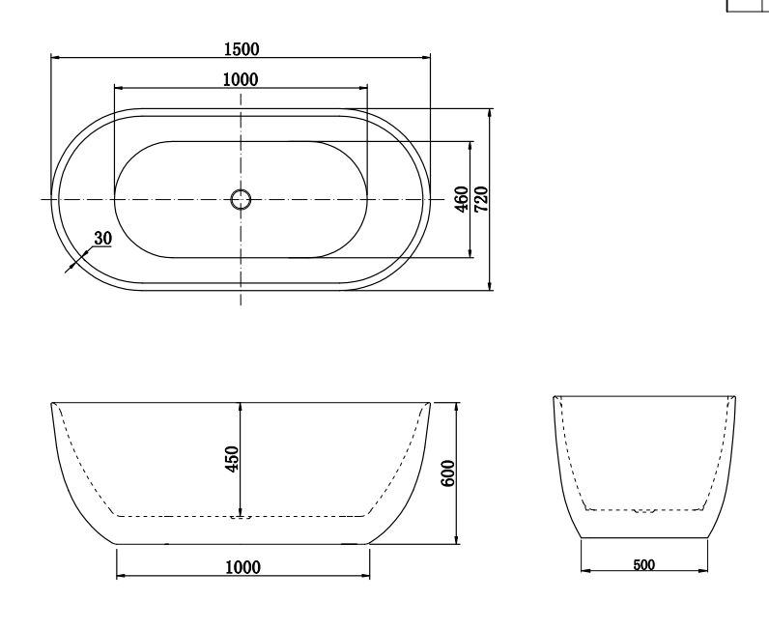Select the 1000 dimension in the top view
click(241, 79)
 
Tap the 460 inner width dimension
click(462, 199)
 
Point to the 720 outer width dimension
click(481, 199)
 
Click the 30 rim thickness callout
click(102, 238)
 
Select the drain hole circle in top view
click(241, 200)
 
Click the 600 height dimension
click(447, 472)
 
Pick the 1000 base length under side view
click(242, 567)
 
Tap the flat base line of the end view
click(643, 538)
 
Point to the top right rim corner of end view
click(735, 396)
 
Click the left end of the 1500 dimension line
click(51, 59)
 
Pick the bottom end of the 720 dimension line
click(491, 289)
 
